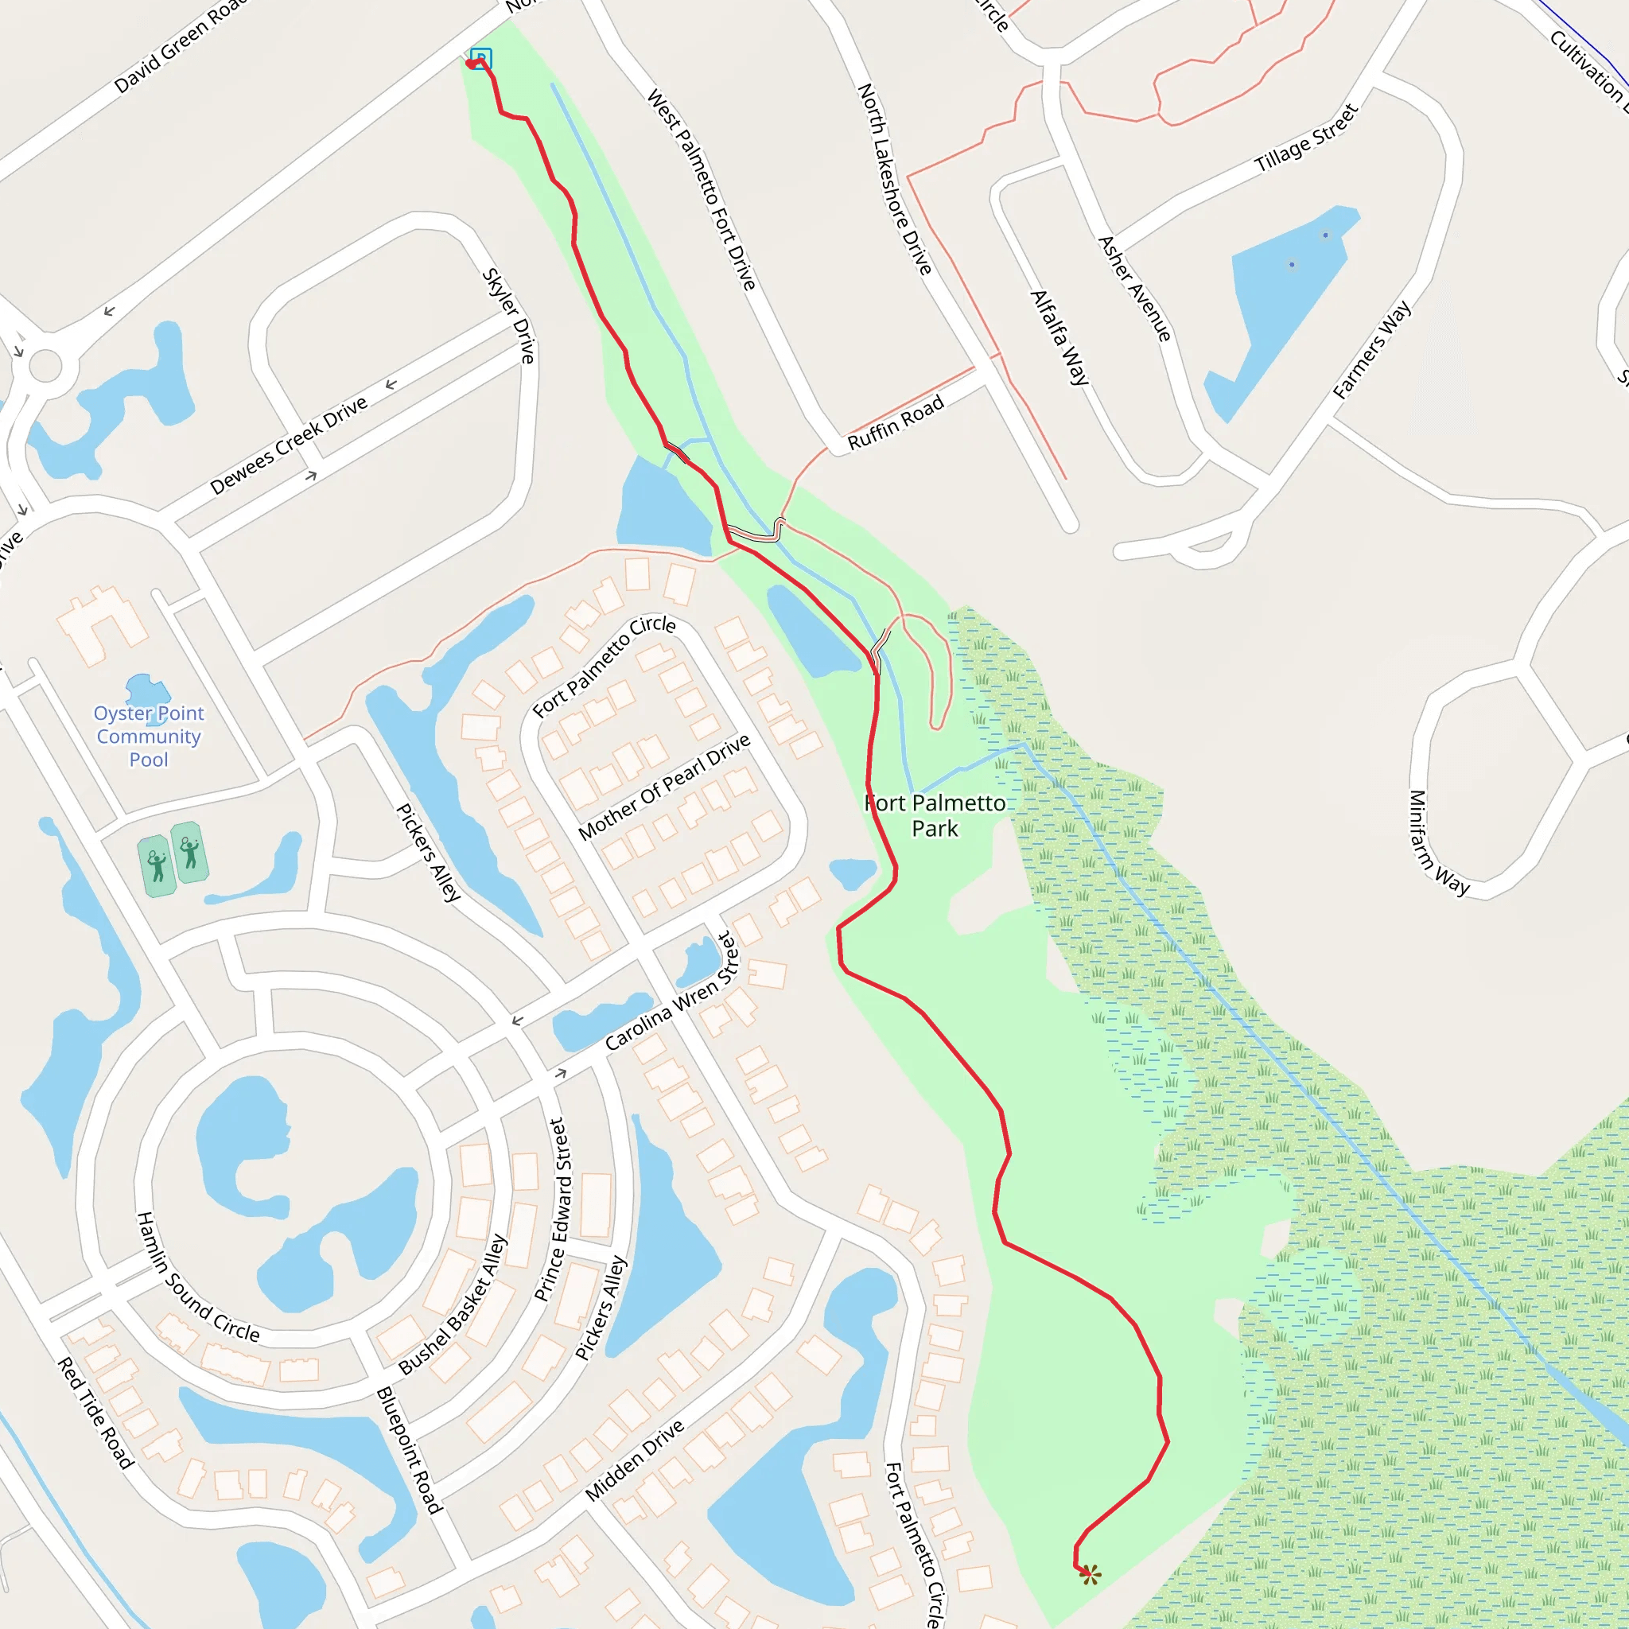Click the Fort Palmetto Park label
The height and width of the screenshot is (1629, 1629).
[x=935, y=815]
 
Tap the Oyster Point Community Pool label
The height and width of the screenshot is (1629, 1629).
[x=149, y=736]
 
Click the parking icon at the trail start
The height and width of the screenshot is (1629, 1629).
[x=480, y=58]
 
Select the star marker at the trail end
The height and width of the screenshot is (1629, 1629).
[x=1090, y=1573]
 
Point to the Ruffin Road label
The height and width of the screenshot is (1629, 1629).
[x=896, y=423]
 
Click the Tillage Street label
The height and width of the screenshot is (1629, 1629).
[x=1306, y=138]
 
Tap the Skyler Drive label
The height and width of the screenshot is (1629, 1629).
[x=508, y=315]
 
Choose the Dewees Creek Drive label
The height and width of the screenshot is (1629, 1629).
[x=289, y=445]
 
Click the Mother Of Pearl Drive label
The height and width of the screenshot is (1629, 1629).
[x=663, y=787]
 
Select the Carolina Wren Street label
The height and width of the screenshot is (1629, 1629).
[x=671, y=992]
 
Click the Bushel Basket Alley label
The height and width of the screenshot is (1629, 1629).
[x=453, y=1304]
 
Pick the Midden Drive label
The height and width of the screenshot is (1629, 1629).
[x=634, y=1461]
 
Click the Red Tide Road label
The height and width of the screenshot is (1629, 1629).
[x=95, y=1413]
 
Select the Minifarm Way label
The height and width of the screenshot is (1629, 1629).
[x=1437, y=842]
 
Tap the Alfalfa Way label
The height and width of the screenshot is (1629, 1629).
[x=1059, y=337]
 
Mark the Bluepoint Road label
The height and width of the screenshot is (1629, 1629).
[x=409, y=1450]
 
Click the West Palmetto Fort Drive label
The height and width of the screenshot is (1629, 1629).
[x=701, y=191]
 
